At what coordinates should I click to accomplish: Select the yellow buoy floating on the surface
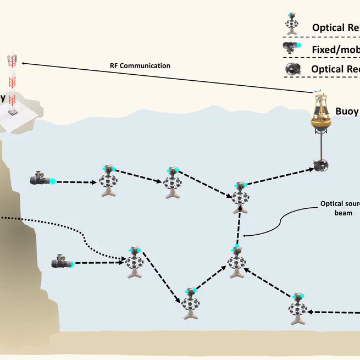(x=320, y=112)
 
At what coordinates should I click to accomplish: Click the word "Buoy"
(x=347, y=112)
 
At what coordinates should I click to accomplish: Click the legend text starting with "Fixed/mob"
(x=335, y=49)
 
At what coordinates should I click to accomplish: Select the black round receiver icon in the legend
(x=292, y=69)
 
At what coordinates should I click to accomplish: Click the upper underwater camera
(x=42, y=179)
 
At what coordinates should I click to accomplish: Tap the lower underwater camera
(x=61, y=263)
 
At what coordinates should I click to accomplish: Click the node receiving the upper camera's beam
(x=107, y=181)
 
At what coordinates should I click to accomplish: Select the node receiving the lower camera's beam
(x=134, y=262)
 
